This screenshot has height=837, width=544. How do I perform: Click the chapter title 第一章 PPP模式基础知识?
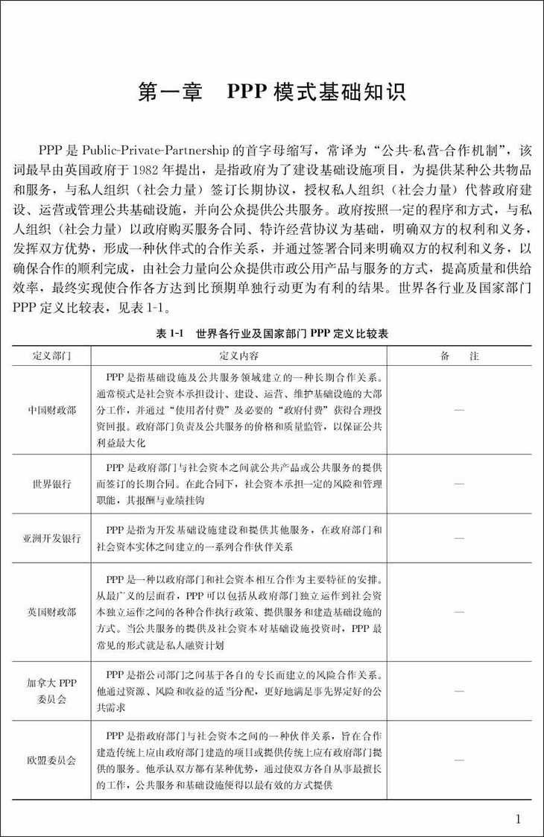[x=272, y=92]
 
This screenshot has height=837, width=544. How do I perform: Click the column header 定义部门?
[x=51, y=356]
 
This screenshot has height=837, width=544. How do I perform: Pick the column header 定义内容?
[x=238, y=356]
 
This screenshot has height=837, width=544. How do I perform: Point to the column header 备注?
[x=459, y=356]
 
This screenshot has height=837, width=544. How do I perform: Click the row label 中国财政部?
[x=51, y=410]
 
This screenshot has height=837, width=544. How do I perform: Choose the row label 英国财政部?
[x=51, y=612]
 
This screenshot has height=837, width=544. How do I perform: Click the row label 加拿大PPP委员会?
[x=51, y=691]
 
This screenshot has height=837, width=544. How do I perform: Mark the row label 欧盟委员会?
[x=51, y=760]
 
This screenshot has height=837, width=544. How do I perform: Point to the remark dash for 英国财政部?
[x=459, y=612]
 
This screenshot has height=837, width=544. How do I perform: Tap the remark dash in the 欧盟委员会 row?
[x=459, y=760]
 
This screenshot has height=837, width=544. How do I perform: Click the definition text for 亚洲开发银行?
[x=238, y=538]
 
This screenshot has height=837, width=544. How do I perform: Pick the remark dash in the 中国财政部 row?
[x=459, y=410]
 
